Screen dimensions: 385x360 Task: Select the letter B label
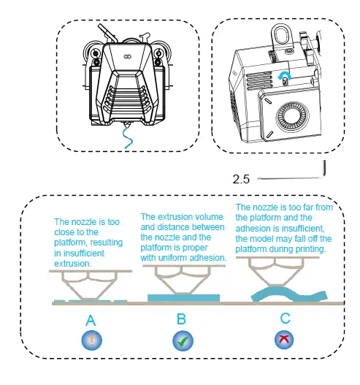tap(181, 319)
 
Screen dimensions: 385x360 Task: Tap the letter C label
tap(285, 319)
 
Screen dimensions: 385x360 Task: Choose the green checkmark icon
tap(181, 340)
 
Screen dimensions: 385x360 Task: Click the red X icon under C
tap(284, 340)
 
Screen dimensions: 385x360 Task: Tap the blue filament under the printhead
tap(129, 138)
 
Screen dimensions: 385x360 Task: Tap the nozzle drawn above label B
tap(183, 279)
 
